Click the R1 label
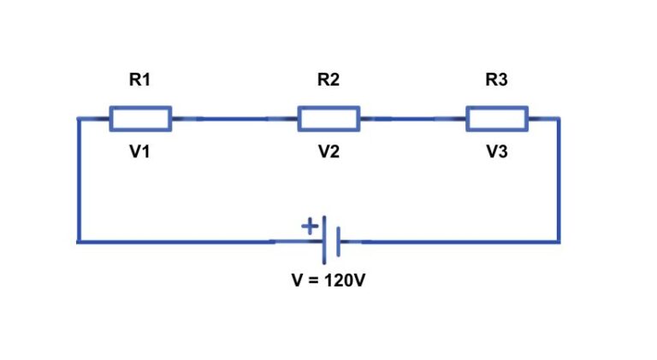pyautogui.click(x=139, y=80)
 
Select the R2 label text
pyautogui.click(x=328, y=80)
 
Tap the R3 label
pyautogui.click(x=496, y=80)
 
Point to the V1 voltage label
pyautogui.click(x=139, y=153)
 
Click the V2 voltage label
pyautogui.click(x=328, y=153)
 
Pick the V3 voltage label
pyautogui.click(x=497, y=153)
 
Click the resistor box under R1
pyautogui.click(x=140, y=119)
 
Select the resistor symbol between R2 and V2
pyautogui.click(x=328, y=119)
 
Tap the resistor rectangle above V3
pyautogui.click(x=497, y=119)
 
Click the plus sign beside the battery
pyautogui.click(x=309, y=227)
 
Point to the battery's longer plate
pyautogui.click(x=325, y=241)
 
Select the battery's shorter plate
pyautogui.click(x=339, y=242)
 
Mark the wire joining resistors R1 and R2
pyautogui.click(x=234, y=119)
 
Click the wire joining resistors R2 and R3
pyautogui.click(x=412, y=119)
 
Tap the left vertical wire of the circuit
pyautogui.click(x=79, y=180)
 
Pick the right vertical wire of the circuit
pyautogui.click(x=559, y=180)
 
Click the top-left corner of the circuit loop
pyautogui.click(x=79, y=119)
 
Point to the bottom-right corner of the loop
pyautogui.click(x=559, y=242)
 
